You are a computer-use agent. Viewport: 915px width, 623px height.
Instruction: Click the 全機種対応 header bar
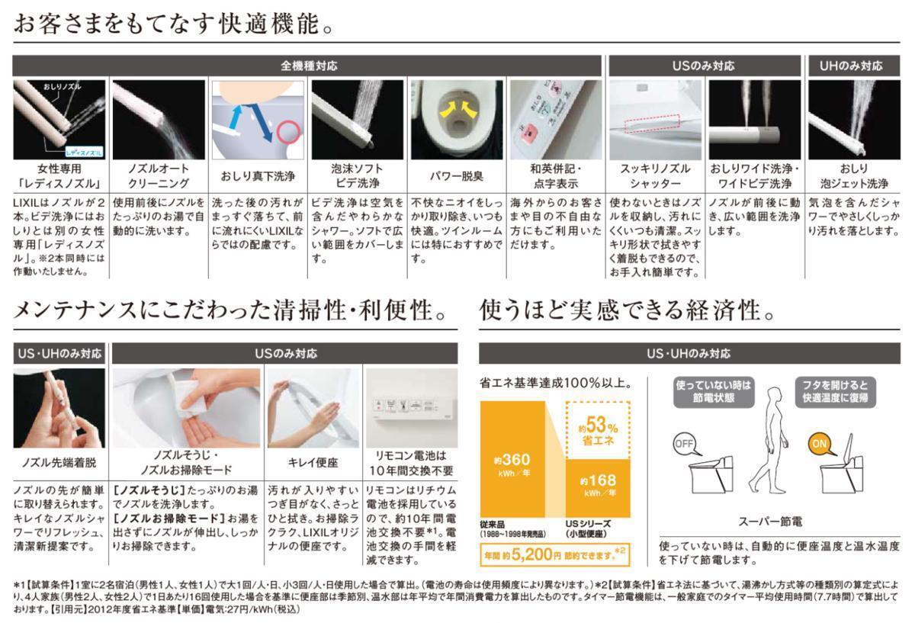(x=309, y=66)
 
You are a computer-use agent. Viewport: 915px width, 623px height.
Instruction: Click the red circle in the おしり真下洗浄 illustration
(x=288, y=132)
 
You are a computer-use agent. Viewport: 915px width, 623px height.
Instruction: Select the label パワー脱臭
(x=457, y=176)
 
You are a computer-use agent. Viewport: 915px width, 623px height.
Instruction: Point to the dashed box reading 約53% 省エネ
(x=598, y=431)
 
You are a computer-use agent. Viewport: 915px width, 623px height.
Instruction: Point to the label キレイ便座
(x=313, y=462)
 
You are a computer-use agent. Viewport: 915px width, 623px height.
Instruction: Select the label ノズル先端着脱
(x=59, y=462)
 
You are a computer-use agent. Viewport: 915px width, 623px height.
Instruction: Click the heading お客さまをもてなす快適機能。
(x=174, y=23)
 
